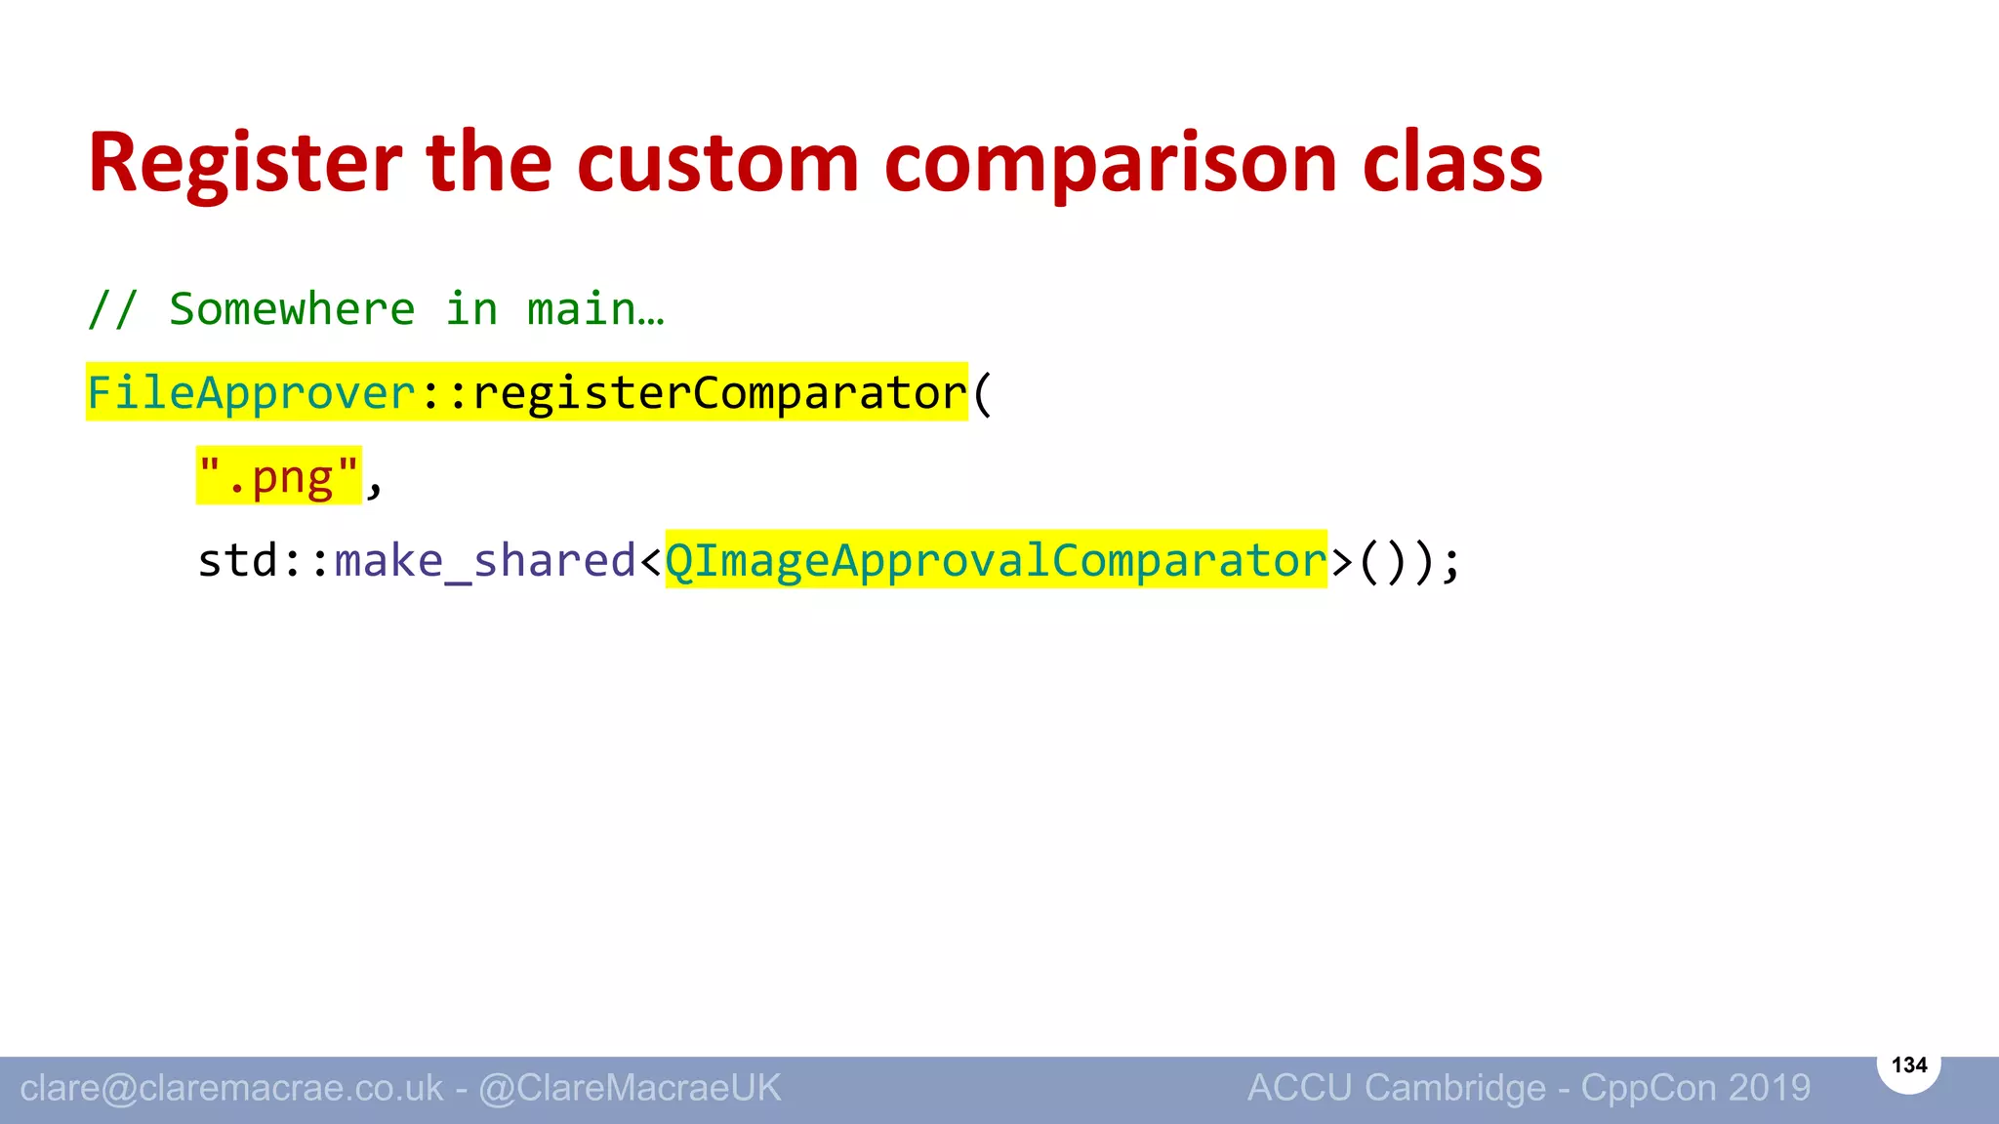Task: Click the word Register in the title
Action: [x=244, y=164]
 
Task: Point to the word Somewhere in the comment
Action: [x=292, y=309]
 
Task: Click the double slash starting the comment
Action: [x=112, y=309]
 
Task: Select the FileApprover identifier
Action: [x=252, y=393]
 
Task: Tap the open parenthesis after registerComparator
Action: [x=982, y=393]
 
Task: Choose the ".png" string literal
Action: [x=279, y=477]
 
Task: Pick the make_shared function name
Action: [x=485, y=561]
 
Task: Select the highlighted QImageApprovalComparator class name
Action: [x=996, y=561]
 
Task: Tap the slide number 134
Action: [x=1908, y=1064]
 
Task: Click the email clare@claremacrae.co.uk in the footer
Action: [x=231, y=1088]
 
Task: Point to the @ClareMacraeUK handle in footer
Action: [x=630, y=1088]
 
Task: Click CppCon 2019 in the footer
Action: [x=1695, y=1088]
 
